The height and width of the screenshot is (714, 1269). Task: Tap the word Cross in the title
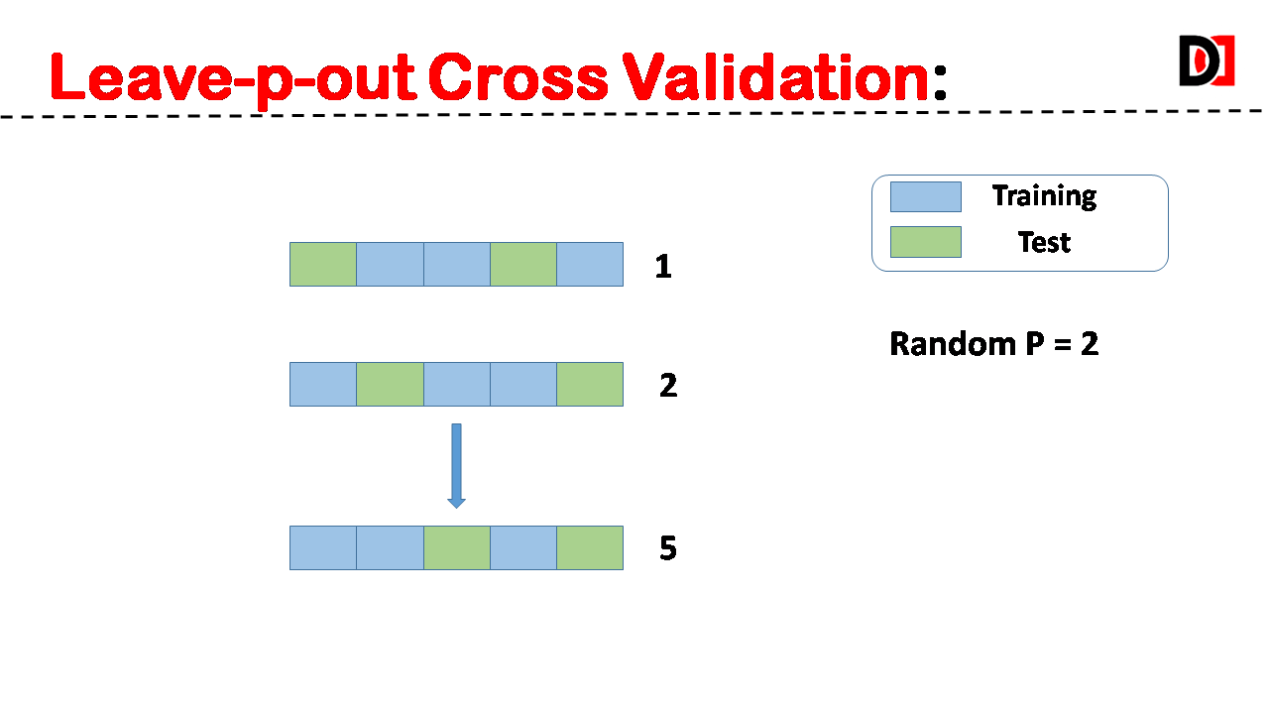(x=518, y=77)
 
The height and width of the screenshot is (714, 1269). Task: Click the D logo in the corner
(x=1207, y=60)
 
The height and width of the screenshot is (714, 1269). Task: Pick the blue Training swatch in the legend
(x=926, y=196)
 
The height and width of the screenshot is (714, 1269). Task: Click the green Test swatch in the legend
(x=926, y=242)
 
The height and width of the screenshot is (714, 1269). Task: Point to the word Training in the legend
(x=1044, y=196)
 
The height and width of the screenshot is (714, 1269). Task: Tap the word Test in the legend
(x=1044, y=243)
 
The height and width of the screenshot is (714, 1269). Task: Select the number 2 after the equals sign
(x=1090, y=343)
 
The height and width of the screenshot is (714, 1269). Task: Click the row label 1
(x=663, y=267)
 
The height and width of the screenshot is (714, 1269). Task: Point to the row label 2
(x=668, y=386)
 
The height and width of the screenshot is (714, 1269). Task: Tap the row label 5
(x=668, y=548)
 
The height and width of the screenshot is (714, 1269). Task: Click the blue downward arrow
(x=457, y=466)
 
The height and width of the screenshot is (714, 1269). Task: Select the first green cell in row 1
(x=323, y=264)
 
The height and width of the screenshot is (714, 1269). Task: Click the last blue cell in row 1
(x=590, y=264)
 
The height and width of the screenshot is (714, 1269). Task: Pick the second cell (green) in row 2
(x=390, y=384)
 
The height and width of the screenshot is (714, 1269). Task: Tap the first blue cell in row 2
(x=323, y=384)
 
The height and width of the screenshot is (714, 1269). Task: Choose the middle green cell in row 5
(x=457, y=548)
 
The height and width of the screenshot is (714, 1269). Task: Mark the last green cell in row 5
(x=590, y=548)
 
